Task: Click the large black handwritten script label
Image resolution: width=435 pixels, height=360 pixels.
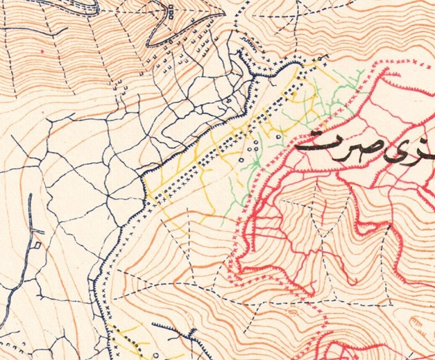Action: pos(364,145)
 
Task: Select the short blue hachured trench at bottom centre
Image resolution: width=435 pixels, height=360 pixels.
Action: pos(165,325)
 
